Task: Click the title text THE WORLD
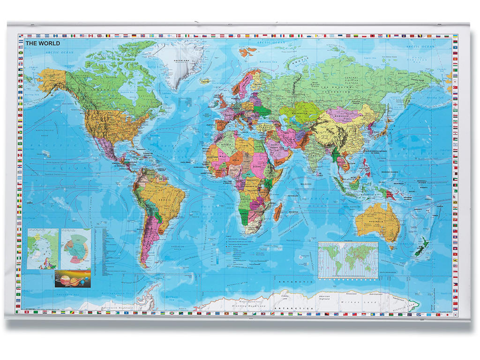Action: tap(43, 44)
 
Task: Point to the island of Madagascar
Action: tap(277, 211)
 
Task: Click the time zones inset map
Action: tap(348, 260)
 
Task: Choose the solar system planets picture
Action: tap(72, 278)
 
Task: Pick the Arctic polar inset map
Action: tap(42, 248)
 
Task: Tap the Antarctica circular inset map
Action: tap(75, 248)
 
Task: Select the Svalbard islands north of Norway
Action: tap(248, 51)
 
